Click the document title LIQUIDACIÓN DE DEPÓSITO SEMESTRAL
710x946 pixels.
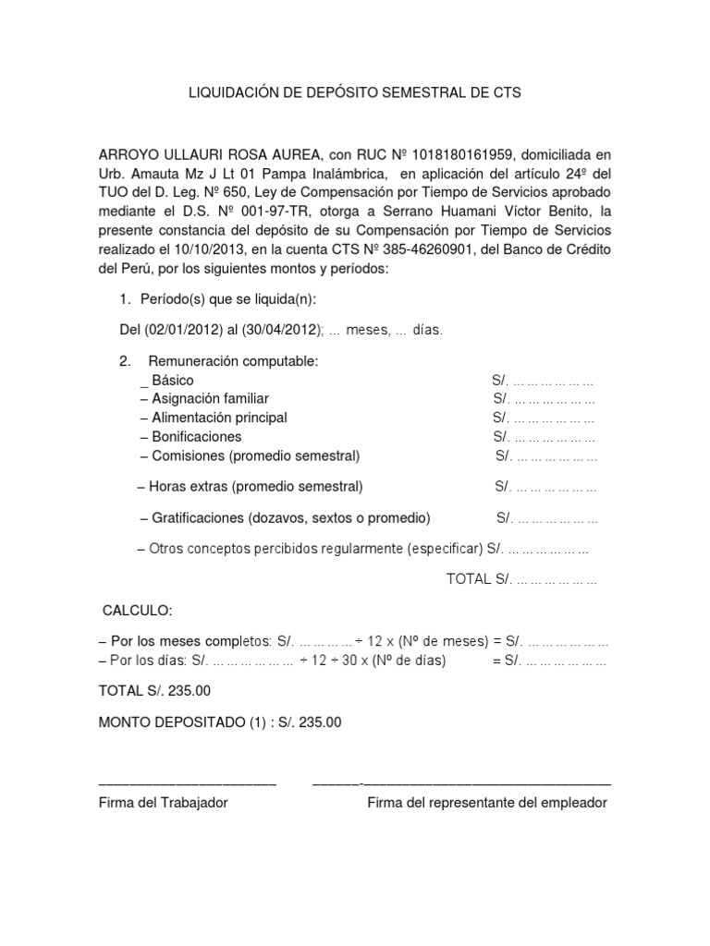[355, 93]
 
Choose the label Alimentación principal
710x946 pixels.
[214, 418]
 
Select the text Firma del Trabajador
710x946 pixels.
[163, 803]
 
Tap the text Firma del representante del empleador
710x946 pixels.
[487, 803]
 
